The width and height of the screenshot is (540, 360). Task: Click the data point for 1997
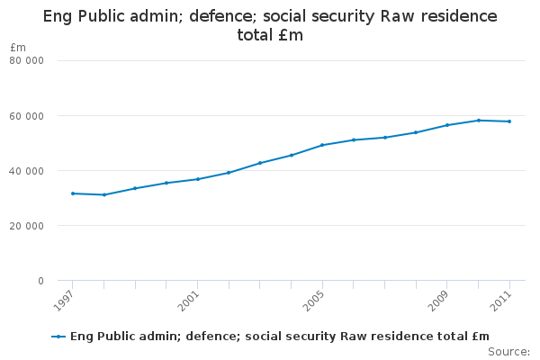[73, 193]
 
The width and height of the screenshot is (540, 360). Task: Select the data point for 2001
[198, 179]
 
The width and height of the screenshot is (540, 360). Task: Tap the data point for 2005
[322, 145]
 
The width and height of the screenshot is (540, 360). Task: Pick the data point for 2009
[447, 125]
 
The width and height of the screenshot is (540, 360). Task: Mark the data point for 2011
[509, 121]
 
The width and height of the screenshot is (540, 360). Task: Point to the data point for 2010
[479, 120]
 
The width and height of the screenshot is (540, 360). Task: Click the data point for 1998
[104, 194]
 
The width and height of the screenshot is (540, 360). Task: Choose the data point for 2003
[260, 163]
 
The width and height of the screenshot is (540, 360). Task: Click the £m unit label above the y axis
[17, 47]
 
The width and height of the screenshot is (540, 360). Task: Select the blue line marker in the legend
[58, 337]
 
